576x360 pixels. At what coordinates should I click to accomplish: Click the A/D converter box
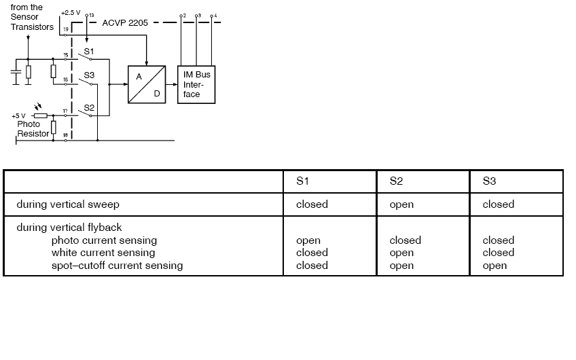coord(147,84)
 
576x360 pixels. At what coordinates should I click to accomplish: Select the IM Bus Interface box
coord(196,84)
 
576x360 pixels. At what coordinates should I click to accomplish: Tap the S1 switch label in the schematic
coord(89,52)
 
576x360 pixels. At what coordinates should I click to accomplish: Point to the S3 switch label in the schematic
coord(89,75)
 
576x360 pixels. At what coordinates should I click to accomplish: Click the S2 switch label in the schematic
coord(89,107)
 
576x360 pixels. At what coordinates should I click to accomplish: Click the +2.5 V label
coord(70,13)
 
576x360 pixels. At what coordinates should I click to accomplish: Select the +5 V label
coord(18,116)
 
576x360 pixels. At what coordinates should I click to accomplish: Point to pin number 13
coord(92,14)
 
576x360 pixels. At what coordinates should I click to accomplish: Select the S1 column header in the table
coord(302,181)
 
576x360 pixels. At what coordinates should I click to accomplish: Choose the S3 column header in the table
coord(489,181)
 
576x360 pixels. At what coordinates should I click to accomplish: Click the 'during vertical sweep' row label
coord(69,204)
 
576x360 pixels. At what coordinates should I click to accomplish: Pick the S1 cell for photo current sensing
coord(308,240)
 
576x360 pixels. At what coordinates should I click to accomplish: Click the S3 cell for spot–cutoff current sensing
coord(494,266)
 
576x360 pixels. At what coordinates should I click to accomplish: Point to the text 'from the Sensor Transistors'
coord(31,18)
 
